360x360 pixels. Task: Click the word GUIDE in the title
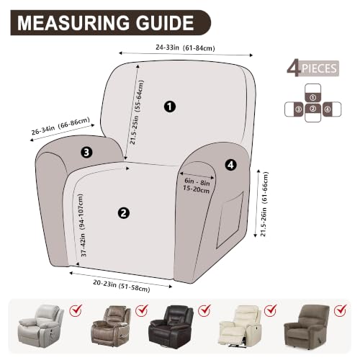tap(165, 23)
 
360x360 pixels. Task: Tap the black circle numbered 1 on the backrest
tap(170, 107)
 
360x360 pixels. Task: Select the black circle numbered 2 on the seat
tap(124, 213)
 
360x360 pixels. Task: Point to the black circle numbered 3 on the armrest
tap(86, 152)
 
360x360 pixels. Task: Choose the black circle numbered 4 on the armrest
tap(230, 165)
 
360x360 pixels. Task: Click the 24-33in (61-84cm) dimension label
tap(185, 48)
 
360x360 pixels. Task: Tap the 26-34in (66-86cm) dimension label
tap(60, 126)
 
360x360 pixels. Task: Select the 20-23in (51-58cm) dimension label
tap(122, 286)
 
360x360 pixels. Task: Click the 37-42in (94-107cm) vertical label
tap(82, 225)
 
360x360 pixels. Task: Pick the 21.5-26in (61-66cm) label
tap(264, 204)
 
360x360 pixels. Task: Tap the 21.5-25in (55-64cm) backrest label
tap(137, 112)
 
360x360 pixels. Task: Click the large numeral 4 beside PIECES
tap(294, 69)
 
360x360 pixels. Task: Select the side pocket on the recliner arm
tap(230, 221)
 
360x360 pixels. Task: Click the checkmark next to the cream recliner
tap(271, 310)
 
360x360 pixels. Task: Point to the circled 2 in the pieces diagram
tap(312, 109)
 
